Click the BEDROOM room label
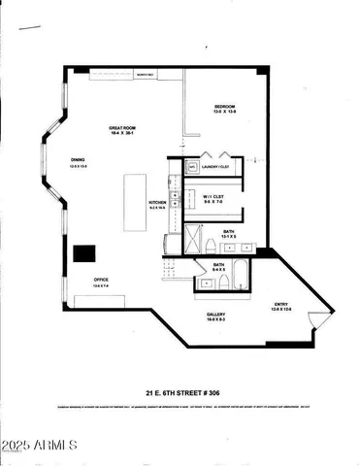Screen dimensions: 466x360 (x=225, y=105)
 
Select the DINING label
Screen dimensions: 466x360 (x=79, y=160)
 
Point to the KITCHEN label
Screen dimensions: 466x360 (x=156, y=202)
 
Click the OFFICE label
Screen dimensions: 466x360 (x=100, y=279)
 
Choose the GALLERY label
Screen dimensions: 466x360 (x=216, y=315)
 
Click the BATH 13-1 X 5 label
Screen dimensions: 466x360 (x=227, y=232)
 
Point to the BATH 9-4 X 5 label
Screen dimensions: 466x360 (x=219, y=264)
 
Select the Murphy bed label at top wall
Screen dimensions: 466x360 (x=146, y=75)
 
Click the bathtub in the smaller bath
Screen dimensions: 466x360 (x=209, y=283)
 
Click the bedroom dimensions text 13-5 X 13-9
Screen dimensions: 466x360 (x=225, y=112)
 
